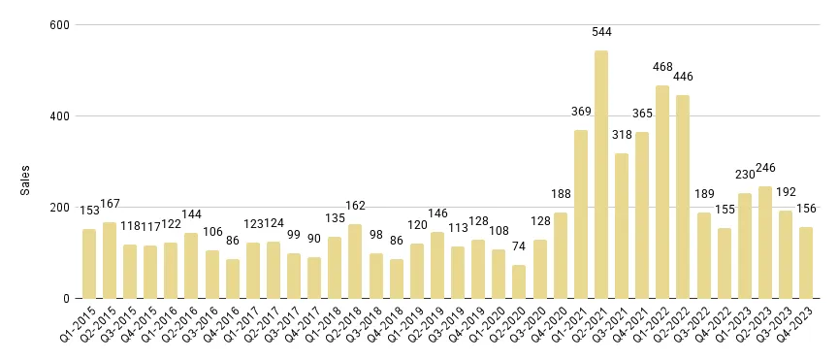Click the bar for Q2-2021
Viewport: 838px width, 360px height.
coord(601,175)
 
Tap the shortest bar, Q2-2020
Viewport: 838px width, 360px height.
coord(520,281)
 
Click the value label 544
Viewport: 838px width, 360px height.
coord(602,33)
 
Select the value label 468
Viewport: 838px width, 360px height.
coord(662,68)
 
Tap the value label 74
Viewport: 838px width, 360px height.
coord(520,247)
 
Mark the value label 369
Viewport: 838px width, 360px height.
coord(581,113)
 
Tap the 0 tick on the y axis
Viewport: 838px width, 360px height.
coord(66,299)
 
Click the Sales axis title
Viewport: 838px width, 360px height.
coord(26,180)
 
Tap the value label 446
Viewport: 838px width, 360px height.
coord(684,78)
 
